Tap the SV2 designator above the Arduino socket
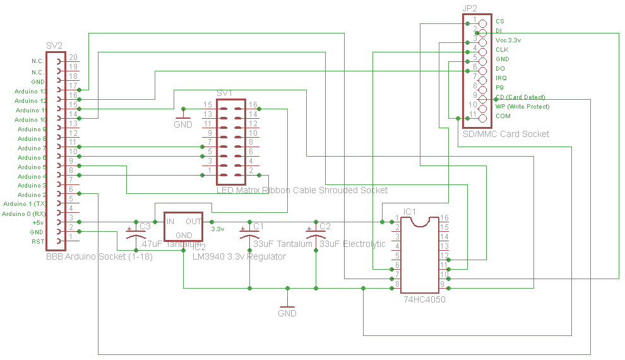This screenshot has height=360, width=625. click(54, 46)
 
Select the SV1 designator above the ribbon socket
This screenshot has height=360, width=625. click(224, 93)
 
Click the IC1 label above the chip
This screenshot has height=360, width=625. click(409, 211)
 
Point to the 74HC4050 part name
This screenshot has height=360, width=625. click(424, 299)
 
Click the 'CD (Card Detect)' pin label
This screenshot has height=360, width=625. click(520, 97)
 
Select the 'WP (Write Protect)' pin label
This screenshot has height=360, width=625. click(522, 107)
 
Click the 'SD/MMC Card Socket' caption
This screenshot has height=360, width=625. click(506, 134)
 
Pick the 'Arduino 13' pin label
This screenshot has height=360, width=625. click(30, 92)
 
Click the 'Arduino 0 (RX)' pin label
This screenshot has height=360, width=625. click(24, 214)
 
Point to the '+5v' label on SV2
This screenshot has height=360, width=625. click(38, 223)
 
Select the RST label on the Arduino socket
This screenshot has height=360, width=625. click(39, 242)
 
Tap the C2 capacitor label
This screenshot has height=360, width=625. click(324, 226)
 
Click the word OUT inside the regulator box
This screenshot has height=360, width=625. click(193, 222)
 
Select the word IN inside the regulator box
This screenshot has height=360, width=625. click(170, 222)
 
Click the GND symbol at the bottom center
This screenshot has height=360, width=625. click(287, 309)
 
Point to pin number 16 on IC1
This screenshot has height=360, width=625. click(444, 218)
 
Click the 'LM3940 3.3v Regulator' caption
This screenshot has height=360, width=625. click(239, 256)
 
